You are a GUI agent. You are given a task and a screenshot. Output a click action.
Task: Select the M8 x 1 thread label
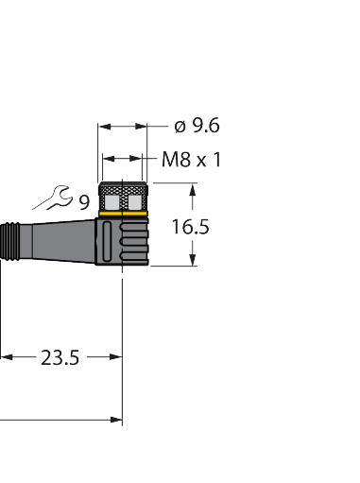192,159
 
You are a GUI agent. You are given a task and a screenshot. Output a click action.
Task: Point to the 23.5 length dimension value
60,357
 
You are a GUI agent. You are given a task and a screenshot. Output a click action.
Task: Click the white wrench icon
51,198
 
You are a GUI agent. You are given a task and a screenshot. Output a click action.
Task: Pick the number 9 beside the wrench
83,201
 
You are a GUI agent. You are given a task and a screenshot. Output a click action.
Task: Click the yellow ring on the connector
124,216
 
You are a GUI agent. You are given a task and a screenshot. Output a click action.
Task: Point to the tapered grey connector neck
61,241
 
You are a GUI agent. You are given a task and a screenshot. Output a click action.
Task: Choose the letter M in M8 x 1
169,159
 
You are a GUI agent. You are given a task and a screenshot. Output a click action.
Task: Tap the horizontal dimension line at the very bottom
57,418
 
